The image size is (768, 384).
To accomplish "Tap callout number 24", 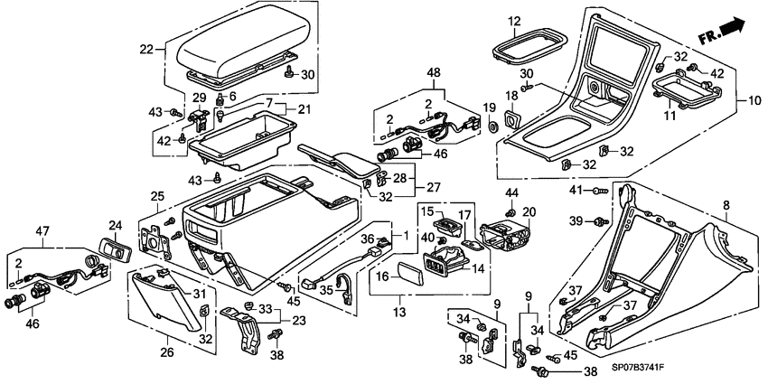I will click(x=116, y=225).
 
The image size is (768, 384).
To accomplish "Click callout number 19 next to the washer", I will click(x=492, y=108).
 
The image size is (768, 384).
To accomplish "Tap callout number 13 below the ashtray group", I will click(x=398, y=312).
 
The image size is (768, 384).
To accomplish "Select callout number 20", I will click(x=529, y=211).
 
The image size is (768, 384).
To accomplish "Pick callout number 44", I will click(x=510, y=192).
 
